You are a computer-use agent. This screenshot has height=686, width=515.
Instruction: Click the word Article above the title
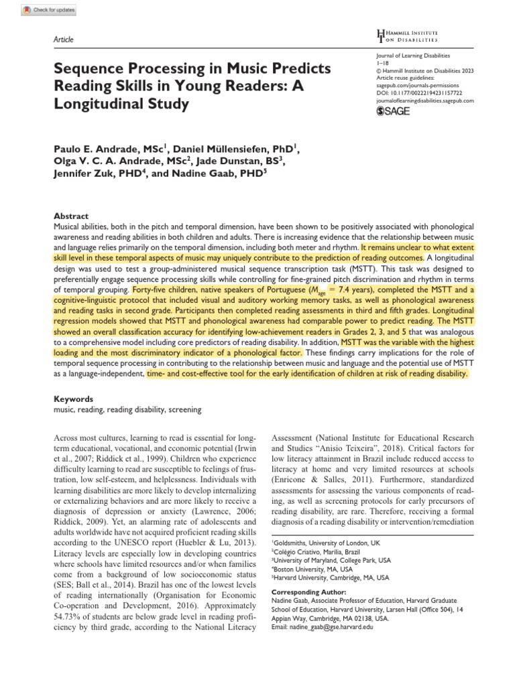coord(62,40)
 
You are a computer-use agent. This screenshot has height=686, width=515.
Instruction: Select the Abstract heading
coord(70,216)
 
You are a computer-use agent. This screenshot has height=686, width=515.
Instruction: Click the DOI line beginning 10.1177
coord(424,93)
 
